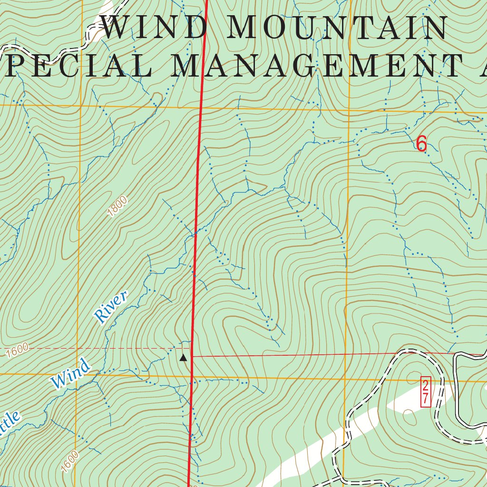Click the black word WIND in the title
[155, 29]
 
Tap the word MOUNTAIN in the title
[338, 29]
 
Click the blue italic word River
[111, 308]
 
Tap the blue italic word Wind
[70, 373]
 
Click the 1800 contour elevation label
[117, 207]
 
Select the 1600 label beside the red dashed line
[18, 351]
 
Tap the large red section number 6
[421, 144]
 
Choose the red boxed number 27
[425, 392]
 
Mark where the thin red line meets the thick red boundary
[192, 355]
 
